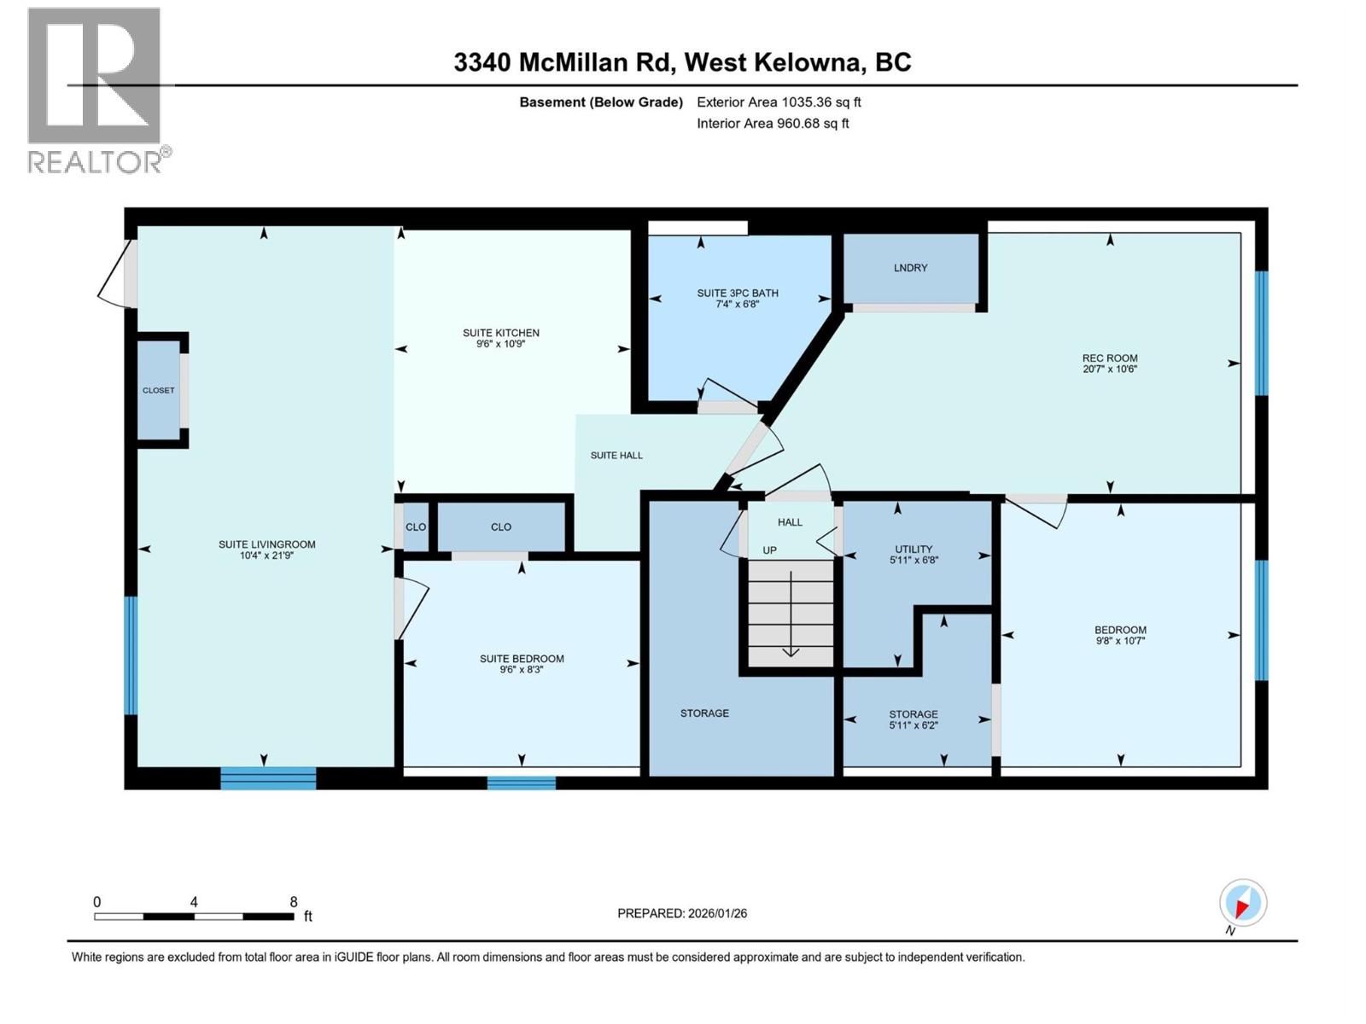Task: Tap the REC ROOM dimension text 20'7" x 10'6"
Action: [1109, 369]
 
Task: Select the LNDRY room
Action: [910, 268]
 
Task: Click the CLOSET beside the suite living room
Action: [159, 390]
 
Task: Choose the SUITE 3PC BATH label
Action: [738, 294]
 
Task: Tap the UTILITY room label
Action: [914, 550]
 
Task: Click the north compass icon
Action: [1242, 903]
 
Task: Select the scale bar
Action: [195, 916]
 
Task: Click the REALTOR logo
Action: [96, 90]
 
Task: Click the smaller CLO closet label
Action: [416, 527]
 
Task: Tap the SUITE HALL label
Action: [616, 456]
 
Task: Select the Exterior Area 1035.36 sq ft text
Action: [779, 102]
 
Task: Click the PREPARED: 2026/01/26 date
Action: [682, 913]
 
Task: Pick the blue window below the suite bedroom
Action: [522, 783]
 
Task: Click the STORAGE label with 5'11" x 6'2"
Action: [914, 714]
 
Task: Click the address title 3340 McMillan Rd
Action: [682, 62]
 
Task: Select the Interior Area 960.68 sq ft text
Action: [773, 123]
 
